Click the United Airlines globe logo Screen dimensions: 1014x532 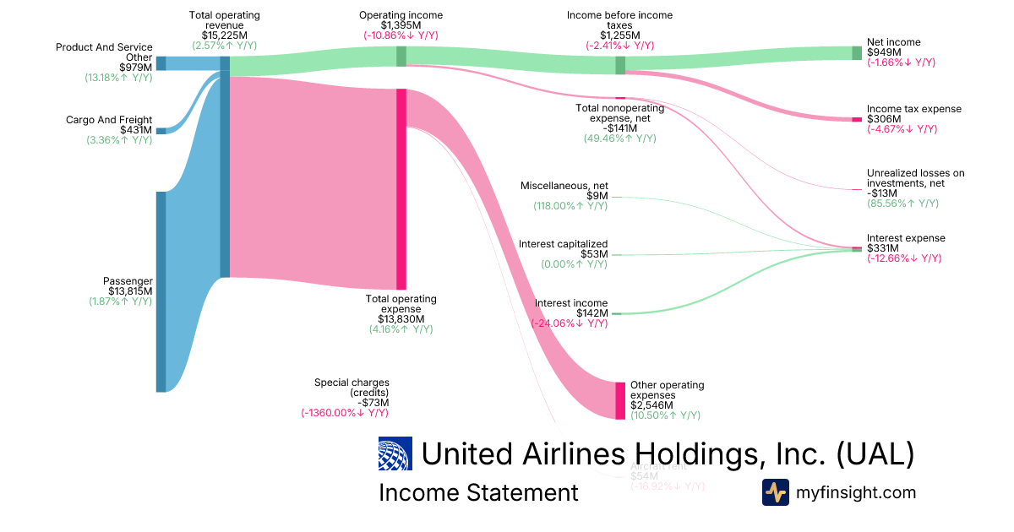pyautogui.click(x=395, y=454)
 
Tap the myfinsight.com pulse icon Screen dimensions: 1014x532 pyautogui.click(x=775, y=492)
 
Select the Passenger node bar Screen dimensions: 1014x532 pyautogui.click(x=161, y=291)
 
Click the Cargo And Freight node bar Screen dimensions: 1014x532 pyautogui.click(x=161, y=130)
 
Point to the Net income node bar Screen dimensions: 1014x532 pyautogui.click(x=856, y=53)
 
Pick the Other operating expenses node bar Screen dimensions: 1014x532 pyautogui.click(x=620, y=400)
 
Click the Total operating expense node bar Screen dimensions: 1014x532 pyautogui.click(x=401, y=189)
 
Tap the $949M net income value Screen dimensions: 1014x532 pyautogui.click(x=882, y=52)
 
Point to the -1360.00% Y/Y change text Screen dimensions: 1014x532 pyautogui.click(x=345, y=413)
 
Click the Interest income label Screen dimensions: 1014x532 pyautogui.click(x=571, y=303)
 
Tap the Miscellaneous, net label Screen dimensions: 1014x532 pyautogui.click(x=564, y=186)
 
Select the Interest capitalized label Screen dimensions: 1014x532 pyautogui.click(x=563, y=244)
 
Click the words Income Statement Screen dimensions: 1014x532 pyautogui.click(x=478, y=492)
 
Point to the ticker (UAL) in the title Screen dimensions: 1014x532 pyautogui.click(x=875, y=454)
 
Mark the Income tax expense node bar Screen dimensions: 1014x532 pyautogui.click(x=856, y=119)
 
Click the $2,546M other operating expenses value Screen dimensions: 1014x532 pyautogui.click(x=652, y=405)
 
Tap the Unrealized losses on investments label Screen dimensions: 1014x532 pyautogui.click(x=915, y=178)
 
